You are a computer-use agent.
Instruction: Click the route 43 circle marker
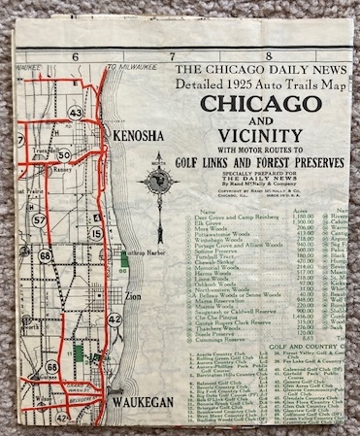tap(76, 113)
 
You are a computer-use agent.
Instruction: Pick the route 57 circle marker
tap(39, 219)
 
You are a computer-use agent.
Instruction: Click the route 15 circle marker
tap(96, 233)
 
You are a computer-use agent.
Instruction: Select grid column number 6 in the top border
tap(74, 56)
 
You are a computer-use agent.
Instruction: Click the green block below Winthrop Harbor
tap(124, 273)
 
